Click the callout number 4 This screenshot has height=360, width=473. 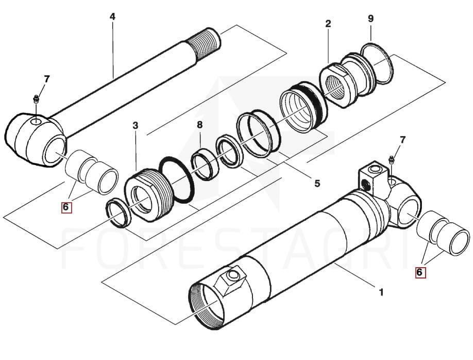[x=112, y=17]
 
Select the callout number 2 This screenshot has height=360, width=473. [x=328, y=23]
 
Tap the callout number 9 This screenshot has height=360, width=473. [x=370, y=19]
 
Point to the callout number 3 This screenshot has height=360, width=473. [x=135, y=125]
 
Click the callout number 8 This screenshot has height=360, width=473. [x=199, y=124]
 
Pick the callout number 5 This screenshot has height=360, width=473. [x=317, y=183]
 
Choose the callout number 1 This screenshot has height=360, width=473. [x=381, y=292]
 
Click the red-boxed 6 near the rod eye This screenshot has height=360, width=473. [x=66, y=207]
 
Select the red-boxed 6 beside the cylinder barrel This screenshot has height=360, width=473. [x=420, y=271]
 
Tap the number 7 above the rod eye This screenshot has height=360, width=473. [x=47, y=79]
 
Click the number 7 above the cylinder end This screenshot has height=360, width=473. [x=403, y=140]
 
